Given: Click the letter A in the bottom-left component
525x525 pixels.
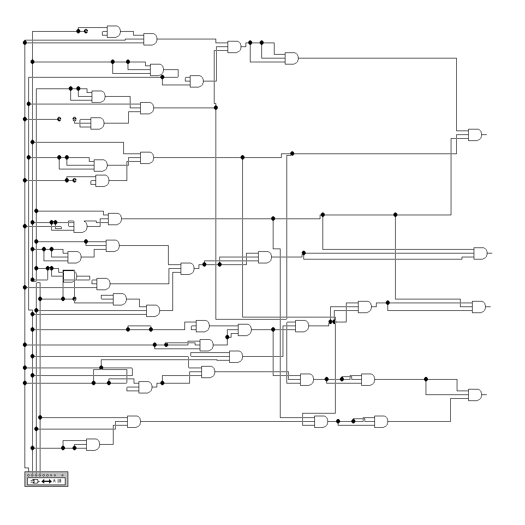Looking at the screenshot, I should point(55,481).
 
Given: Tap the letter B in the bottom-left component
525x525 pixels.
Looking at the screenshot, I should point(60,481).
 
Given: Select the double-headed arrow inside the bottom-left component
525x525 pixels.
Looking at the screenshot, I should point(46,481).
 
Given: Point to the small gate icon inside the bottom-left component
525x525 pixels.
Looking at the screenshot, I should point(34,481).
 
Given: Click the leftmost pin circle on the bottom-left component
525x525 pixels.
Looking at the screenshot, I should point(28,475).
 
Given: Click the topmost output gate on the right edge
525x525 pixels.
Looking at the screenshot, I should point(475,134).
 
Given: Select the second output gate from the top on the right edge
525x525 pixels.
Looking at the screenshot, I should point(480,253).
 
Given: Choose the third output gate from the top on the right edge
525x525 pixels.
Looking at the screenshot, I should point(478,306).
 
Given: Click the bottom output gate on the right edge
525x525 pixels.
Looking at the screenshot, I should point(475,394).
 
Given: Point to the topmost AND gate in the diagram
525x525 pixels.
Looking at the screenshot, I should point(114,31).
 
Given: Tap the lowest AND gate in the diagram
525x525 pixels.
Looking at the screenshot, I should point(93,444).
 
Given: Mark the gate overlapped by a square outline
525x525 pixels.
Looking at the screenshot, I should point(70,275).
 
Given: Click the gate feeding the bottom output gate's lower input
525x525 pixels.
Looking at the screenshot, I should point(381,422).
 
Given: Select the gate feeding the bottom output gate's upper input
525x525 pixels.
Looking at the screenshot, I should point(368,379).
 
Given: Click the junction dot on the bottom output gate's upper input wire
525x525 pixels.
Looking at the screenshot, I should point(426,379).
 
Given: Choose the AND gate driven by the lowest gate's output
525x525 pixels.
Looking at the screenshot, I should point(134,422).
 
